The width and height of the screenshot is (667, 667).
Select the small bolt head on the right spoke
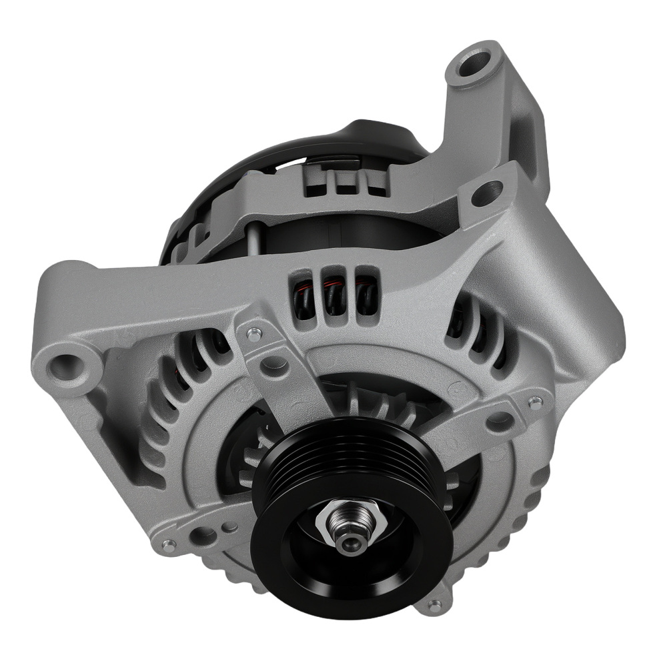tap(534, 402)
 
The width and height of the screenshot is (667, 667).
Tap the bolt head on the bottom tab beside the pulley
tap(435, 605)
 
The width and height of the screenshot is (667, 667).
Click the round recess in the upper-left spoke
tap(274, 364)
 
